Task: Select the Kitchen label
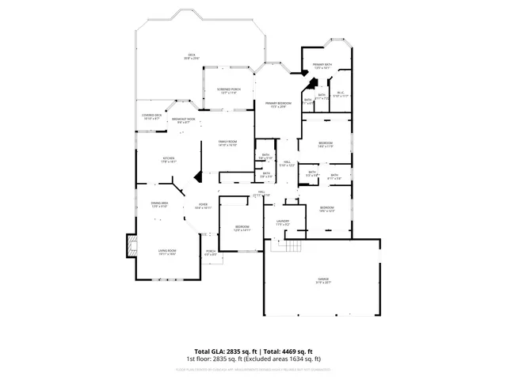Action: [168, 159]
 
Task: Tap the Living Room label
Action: [166, 252]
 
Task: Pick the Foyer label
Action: [203, 206]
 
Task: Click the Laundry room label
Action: [283, 222]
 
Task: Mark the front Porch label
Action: [211, 253]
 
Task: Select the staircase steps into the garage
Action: [287, 246]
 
